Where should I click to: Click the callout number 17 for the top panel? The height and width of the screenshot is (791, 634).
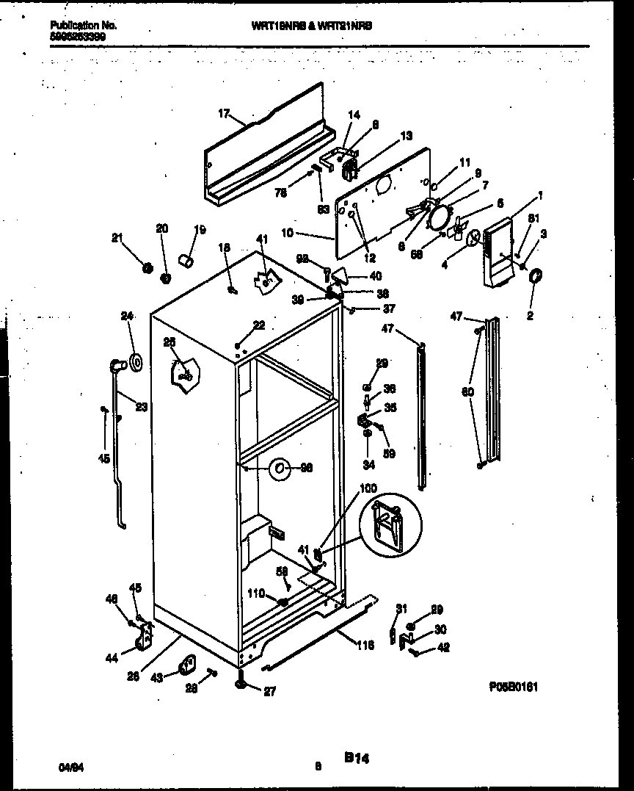[225, 113]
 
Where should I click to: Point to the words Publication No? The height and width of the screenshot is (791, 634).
[83, 25]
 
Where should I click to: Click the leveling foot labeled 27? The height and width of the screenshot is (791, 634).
[242, 686]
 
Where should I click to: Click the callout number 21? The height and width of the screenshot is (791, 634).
[117, 236]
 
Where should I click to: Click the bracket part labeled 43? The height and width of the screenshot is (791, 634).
[186, 666]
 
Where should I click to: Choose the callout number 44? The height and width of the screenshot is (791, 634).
[111, 659]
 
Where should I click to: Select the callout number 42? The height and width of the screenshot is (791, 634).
[443, 648]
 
